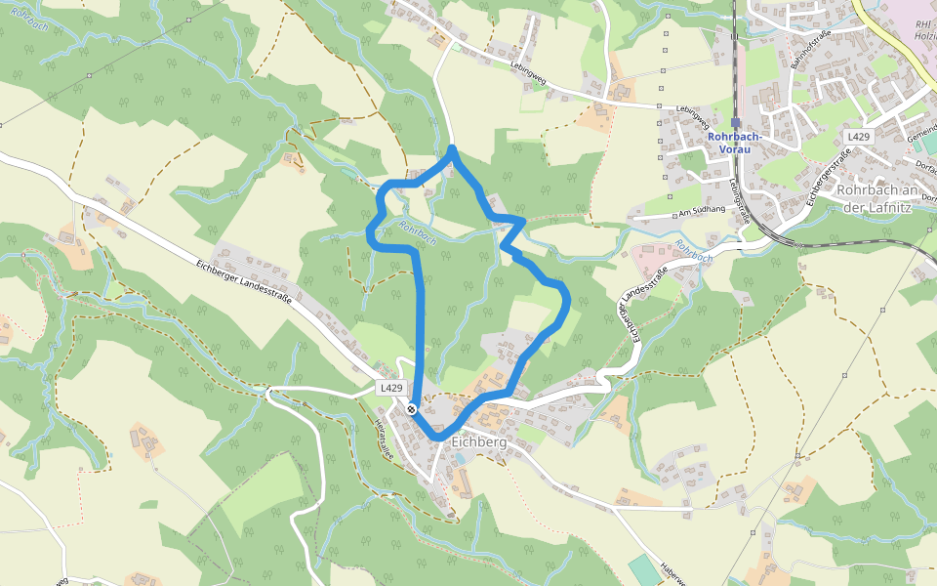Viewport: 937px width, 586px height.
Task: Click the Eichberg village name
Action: (479, 442)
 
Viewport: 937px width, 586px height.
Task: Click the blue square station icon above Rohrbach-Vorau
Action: (736, 123)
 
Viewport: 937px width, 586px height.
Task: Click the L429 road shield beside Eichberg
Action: (390, 388)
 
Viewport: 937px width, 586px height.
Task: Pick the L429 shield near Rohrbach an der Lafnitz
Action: (858, 137)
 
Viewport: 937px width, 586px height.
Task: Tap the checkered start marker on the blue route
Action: (413, 409)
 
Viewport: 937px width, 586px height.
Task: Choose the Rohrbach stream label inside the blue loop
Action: (417, 230)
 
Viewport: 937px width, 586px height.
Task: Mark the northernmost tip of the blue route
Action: (453, 148)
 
